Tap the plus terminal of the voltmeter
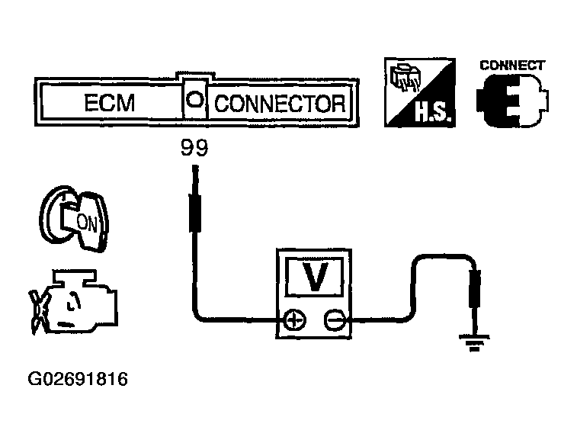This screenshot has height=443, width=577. coord(293,320)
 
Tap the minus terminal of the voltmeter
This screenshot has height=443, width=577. coord(334,320)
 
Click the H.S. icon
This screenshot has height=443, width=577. coord(418,93)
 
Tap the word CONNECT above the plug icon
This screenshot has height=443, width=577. coord(511,66)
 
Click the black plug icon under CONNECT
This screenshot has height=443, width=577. coord(511,102)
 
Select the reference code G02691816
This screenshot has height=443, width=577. coord(78,379)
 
